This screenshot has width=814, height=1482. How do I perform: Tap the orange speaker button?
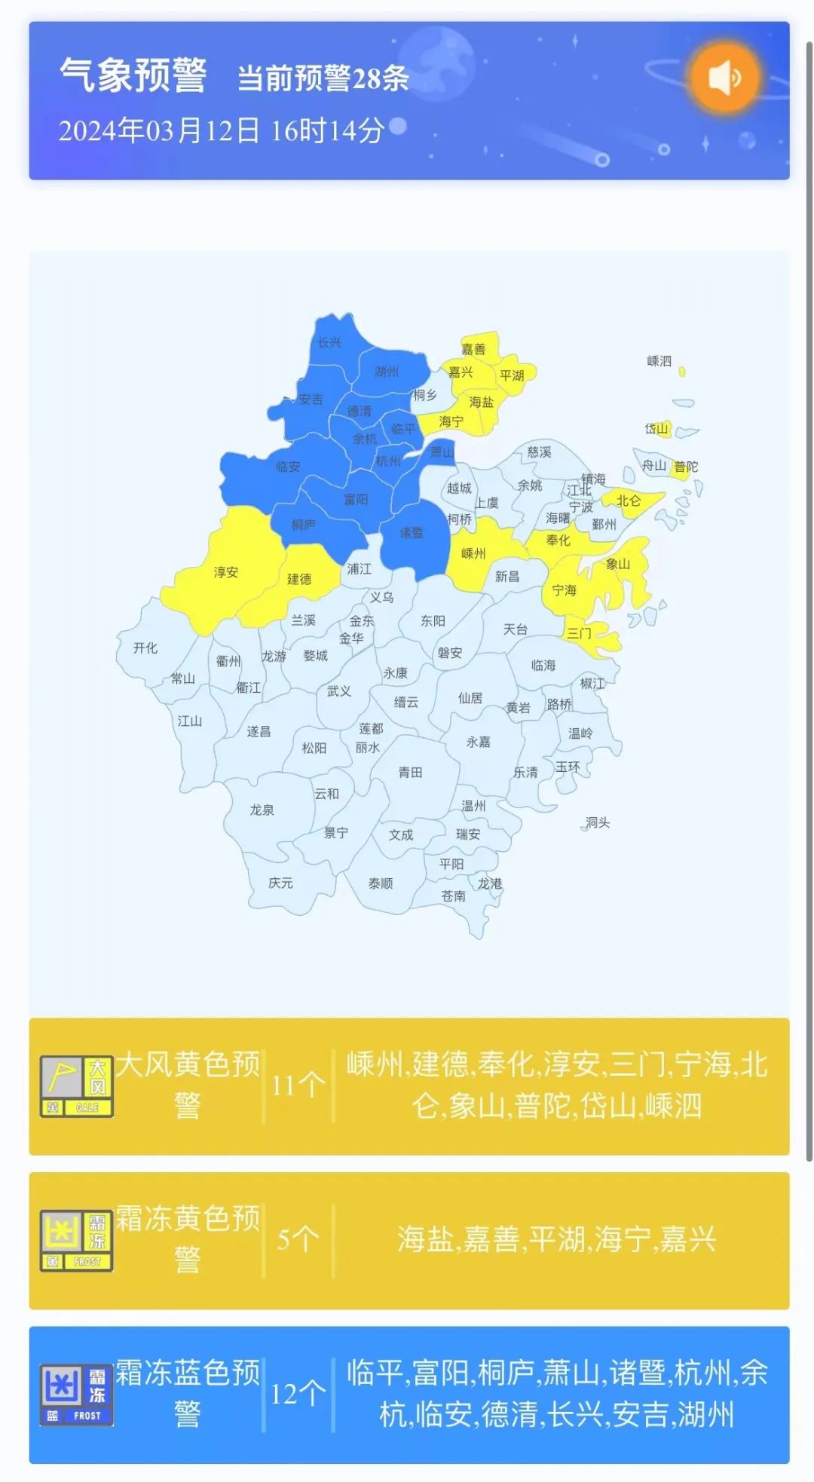[724, 77]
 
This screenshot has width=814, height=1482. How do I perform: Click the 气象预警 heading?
[133, 75]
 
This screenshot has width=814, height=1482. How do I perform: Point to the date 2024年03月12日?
[159, 130]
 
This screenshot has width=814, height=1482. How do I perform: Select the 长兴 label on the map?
[329, 342]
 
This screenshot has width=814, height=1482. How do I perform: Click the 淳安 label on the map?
[225, 572]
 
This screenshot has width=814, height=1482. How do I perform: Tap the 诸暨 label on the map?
[411, 533]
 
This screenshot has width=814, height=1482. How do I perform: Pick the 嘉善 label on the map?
[473, 349]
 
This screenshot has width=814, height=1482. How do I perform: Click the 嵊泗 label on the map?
[659, 361]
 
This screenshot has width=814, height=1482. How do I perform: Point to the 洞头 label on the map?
[598, 822]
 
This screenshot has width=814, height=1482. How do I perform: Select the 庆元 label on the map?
[280, 883]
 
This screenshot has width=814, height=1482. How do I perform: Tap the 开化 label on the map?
[145, 648]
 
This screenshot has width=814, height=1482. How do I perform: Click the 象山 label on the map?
[618, 564]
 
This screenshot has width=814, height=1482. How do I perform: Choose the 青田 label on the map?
[410, 773]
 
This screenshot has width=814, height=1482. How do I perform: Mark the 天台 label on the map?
[516, 629]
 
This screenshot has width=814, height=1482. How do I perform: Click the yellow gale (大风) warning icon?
[76, 1086]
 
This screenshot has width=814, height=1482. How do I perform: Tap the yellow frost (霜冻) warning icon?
[76, 1241]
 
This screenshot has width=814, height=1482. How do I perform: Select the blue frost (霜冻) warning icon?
[76, 1395]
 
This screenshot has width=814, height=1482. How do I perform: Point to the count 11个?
[298, 1085]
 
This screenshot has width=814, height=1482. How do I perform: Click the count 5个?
[298, 1239]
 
